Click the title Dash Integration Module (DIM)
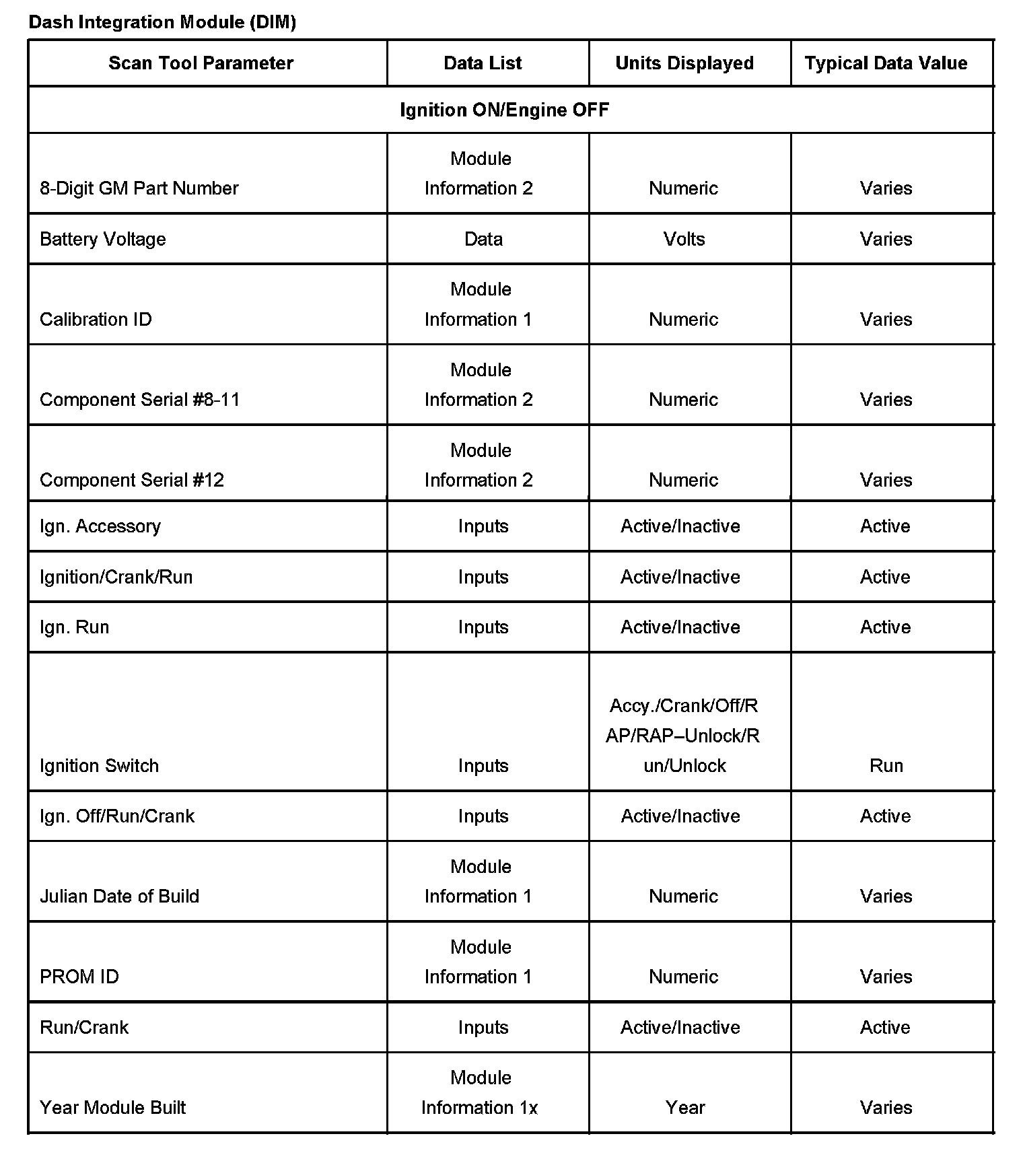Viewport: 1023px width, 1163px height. (162, 22)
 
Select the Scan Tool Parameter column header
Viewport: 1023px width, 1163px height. (201, 63)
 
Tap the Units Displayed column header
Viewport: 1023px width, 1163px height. (684, 63)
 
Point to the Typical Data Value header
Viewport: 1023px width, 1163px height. (886, 63)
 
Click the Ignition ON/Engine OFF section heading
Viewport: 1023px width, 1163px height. (504, 110)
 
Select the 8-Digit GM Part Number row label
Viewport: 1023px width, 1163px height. (139, 188)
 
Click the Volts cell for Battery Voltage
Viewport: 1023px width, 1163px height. (684, 240)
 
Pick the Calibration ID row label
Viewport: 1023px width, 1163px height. (96, 320)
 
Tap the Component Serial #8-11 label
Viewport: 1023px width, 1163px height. (139, 400)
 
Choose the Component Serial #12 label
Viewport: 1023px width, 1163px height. (132, 480)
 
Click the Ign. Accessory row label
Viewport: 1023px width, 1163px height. (100, 526)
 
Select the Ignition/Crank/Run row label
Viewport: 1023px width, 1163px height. (116, 577)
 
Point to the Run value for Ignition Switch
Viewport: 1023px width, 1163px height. (886, 766)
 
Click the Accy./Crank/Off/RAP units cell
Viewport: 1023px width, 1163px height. (683, 736)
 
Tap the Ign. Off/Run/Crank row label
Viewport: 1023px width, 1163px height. (117, 816)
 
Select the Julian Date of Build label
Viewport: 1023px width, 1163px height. (119, 896)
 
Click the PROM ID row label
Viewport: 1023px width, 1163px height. (79, 977)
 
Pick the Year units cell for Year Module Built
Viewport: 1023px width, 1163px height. (685, 1108)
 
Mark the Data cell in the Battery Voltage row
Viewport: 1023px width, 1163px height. (483, 240)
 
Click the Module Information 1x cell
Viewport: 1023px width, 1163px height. (479, 1093)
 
